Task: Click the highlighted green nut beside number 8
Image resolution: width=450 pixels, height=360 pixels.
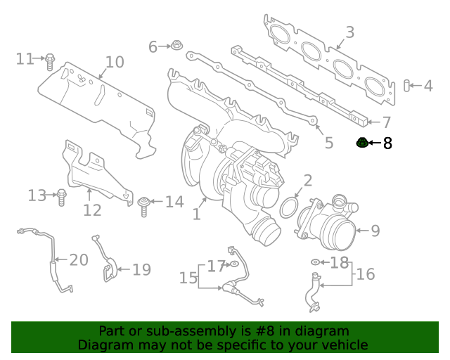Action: point(362,143)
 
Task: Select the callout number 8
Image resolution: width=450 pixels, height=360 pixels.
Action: point(387,144)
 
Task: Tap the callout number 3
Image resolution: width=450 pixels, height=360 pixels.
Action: point(349,32)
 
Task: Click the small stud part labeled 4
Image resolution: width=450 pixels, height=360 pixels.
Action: point(406,86)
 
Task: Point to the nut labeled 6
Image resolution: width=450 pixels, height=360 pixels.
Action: point(175,46)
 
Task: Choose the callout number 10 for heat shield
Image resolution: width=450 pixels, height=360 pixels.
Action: point(114,62)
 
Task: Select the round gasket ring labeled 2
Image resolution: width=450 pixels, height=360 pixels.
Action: point(288,208)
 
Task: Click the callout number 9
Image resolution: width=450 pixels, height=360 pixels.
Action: point(375,231)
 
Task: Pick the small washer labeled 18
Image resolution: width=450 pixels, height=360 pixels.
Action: point(316,263)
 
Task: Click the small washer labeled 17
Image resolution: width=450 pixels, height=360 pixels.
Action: point(233,265)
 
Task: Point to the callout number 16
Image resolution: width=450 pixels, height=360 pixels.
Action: point(366,274)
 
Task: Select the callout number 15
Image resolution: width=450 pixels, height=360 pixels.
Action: point(188,278)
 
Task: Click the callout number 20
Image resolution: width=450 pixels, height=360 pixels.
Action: point(78,260)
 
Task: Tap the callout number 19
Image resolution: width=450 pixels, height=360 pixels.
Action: point(141,269)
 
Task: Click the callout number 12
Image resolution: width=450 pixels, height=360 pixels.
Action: point(92,210)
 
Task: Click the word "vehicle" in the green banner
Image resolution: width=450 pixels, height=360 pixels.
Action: point(345,345)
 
